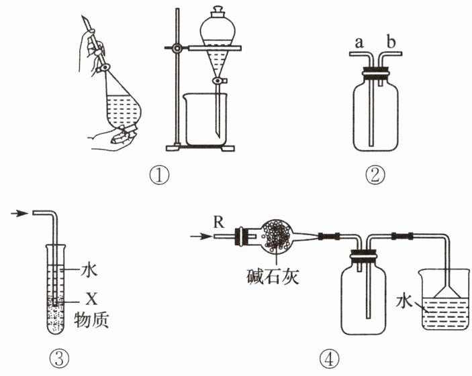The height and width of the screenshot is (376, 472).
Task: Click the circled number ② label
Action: point(375,176)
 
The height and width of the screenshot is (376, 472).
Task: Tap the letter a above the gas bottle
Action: point(359,43)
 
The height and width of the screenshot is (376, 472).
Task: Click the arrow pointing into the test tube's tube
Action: point(21,214)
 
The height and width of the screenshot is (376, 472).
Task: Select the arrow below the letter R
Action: point(200,235)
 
